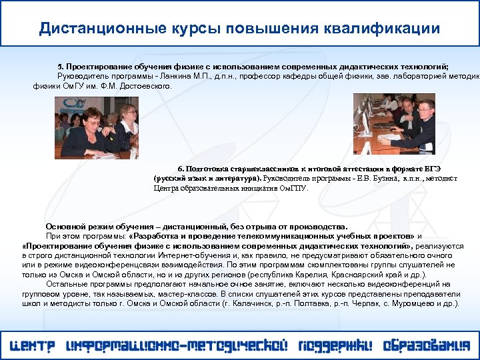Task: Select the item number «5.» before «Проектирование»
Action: tap(61, 67)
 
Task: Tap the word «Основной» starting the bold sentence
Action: tap(65, 227)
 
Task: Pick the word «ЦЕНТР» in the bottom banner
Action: tap(33, 346)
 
